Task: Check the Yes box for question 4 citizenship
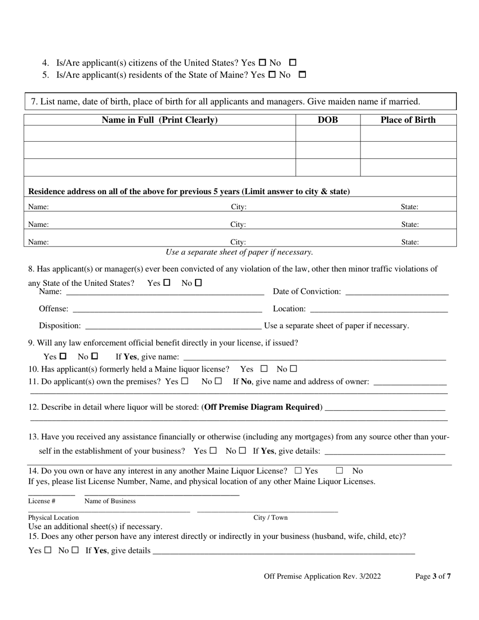tap(262, 63)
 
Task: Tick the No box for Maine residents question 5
tap(303, 75)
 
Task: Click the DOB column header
tap(328, 120)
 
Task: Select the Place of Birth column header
tap(408, 120)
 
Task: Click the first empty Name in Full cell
tap(159, 134)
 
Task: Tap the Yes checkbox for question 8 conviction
tap(167, 283)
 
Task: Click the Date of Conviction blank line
tap(397, 292)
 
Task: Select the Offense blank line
tap(167, 309)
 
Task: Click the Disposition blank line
tap(173, 327)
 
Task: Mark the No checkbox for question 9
tap(95, 356)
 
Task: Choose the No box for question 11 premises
tap(218, 382)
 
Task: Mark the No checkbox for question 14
tap(339, 471)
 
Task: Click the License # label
tap(42, 501)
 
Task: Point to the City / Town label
tap(270, 517)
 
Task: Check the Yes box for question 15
tap(48, 550)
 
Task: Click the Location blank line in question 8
tap(379, 309)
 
